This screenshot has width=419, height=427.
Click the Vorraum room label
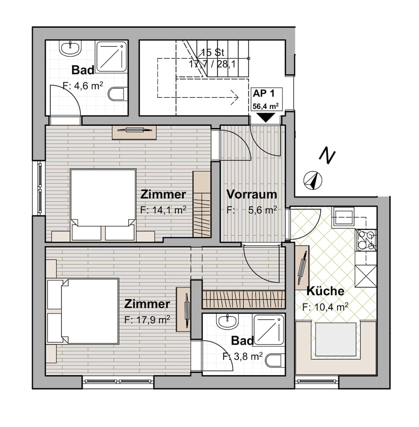(x=252, y=195)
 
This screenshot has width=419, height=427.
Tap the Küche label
(x=325, y=291)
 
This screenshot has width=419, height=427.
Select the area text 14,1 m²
(x=169, y=210)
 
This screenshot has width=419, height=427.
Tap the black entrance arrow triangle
(x=266, y=118)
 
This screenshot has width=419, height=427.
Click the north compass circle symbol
(x=313, y=180)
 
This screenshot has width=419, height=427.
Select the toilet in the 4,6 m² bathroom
(x=118, y=94)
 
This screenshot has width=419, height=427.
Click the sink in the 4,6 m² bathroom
(x=70, y=49)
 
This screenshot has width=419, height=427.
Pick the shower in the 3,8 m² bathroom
(x=269, y=329)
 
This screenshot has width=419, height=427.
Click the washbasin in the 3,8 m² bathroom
(x=227, y=321)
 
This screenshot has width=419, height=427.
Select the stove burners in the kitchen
(x=366, y=240)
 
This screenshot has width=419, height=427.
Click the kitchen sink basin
(x=343, y=217)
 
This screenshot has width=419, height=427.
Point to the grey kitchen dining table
(x=336, y=340)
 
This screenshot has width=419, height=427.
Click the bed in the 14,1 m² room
(x=103, y=205)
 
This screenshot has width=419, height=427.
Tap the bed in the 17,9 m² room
(x=83, y=311)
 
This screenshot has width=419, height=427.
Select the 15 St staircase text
(x=213, y=52)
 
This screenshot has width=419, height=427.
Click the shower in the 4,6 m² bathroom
(x=112, y=57)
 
